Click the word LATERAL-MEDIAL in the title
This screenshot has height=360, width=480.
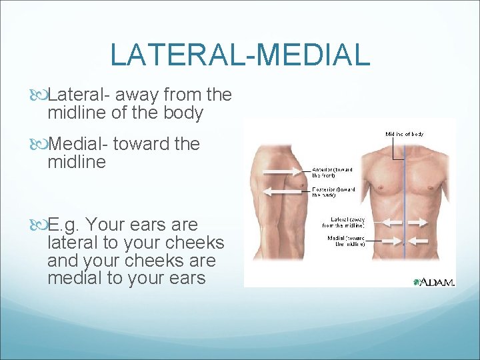pos(239,54)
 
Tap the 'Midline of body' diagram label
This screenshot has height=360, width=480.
pos(404,135)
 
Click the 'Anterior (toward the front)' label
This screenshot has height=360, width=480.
pos(333,172)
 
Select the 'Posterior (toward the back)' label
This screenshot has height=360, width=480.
pos(333,192)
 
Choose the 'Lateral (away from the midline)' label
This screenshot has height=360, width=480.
pos(347,221)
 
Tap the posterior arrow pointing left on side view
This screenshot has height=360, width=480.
pos(287,192)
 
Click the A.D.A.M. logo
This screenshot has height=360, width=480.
pos(433,282)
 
